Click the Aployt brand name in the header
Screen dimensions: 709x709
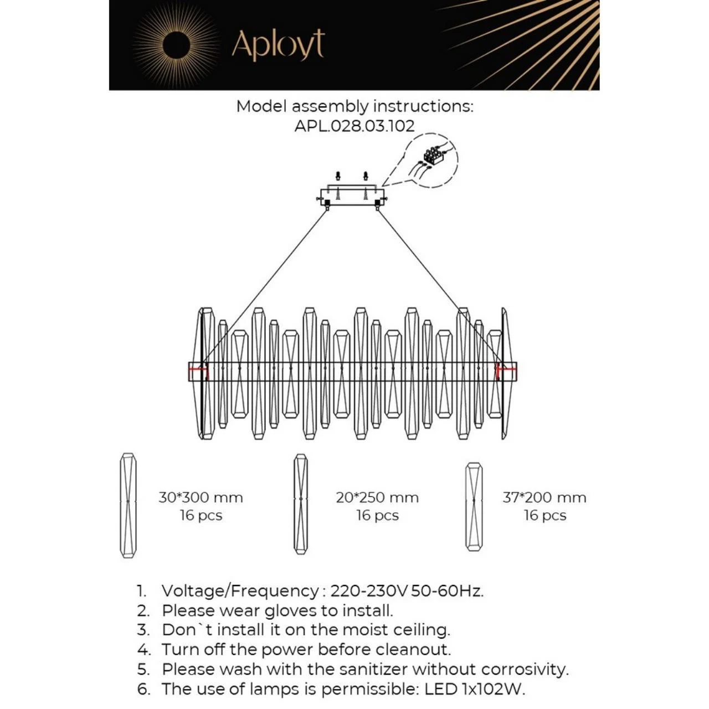[x=278, y=45]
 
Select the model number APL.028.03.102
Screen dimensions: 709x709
[x=354, y=126]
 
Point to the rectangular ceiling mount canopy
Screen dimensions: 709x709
[x=352, y=197]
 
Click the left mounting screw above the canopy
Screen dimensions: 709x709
[x=338, y=177]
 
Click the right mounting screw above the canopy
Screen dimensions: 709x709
[x=366, y=177]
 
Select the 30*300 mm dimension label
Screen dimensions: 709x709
[x=201, y=497]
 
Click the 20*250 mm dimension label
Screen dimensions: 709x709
[x=377, y=497]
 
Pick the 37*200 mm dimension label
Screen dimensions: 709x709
[x=544, y=497]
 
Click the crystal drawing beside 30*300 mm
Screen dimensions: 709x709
[x=129, y=505]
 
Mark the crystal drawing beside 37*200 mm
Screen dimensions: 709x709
[x=474, y=506]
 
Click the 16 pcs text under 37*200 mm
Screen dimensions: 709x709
[x=545, y=516]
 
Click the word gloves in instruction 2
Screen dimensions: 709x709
[x=290, y=610]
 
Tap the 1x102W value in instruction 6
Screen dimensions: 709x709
[x=492, y=689]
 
